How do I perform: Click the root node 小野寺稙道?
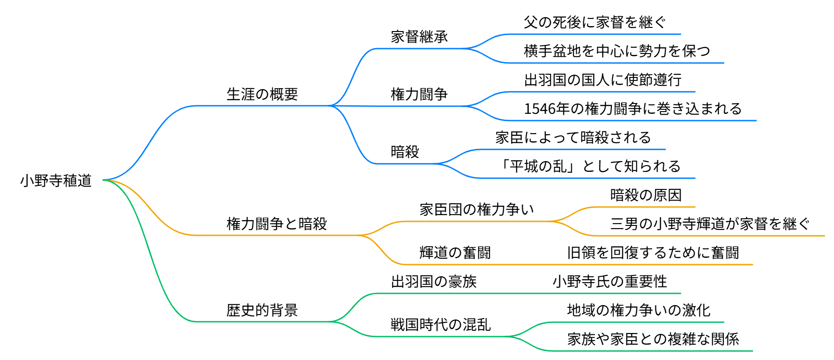(56, 180)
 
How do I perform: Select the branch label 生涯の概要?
(262, 94)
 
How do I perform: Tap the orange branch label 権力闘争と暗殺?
(277, 224)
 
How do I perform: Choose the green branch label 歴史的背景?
(262, 310)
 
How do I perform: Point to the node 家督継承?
(419, 36)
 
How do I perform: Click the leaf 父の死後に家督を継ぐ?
(594, 22)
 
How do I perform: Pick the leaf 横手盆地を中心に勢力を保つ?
(617, 51)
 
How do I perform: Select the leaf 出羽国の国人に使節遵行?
(603, 80)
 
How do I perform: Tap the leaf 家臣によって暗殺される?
(573, 137)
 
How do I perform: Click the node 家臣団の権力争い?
(477, 209)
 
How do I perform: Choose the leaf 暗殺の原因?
(646, 195)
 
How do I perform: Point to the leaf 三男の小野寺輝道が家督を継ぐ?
(710, 224)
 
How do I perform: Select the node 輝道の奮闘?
(455, 252)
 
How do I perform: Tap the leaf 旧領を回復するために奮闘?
(653, 252)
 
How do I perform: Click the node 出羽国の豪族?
(434, 281)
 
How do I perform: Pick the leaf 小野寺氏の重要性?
(610, 281)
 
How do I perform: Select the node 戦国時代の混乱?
(440, 324)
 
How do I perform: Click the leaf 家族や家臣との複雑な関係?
(653, 339)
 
